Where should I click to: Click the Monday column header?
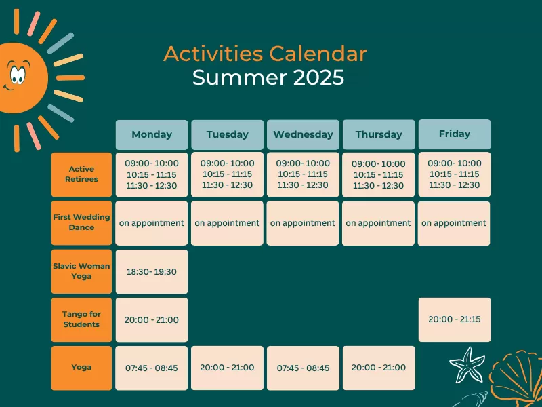[152, 134]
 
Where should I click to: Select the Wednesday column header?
[303, 134]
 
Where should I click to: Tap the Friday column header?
[455, 134]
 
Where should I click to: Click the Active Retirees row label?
[81, 174]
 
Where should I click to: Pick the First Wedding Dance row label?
[81, 223]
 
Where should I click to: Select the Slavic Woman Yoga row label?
[81, 271]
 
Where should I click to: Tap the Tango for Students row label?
[81, 319]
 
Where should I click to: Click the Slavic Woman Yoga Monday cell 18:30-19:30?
[152, 272]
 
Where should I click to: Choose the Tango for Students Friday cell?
[455, 319]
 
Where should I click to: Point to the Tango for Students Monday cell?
[152, 319]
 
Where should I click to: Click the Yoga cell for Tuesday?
[227, 368]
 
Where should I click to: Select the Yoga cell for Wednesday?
[303, 368]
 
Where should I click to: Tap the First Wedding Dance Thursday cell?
[379, 223]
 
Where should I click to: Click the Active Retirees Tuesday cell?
[227, 174]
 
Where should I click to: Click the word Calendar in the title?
[318, 54]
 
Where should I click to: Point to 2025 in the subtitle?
[318, 77]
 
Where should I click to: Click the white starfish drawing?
[467, 365]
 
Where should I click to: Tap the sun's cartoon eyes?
[18, 73]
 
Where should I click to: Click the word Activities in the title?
[213, 54]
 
